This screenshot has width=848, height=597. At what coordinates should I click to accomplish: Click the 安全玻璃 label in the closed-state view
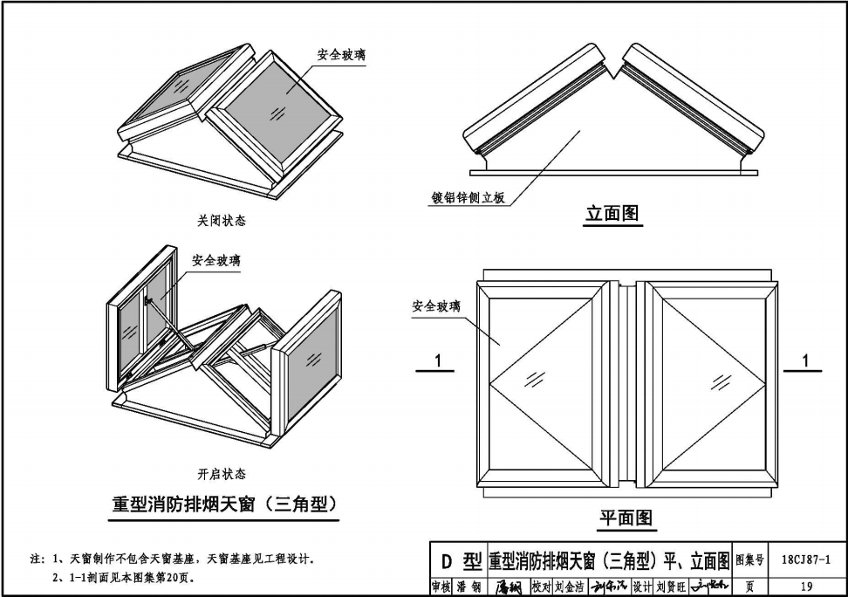[x=341, y=56]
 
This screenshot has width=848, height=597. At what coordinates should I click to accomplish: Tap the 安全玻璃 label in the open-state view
[x=216, y=260]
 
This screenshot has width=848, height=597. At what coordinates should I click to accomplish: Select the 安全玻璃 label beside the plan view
[x=436, y=306]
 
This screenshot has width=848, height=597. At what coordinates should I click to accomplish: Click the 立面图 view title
[x=612, y=213]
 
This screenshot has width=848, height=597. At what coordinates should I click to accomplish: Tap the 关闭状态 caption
[x=221, y=221]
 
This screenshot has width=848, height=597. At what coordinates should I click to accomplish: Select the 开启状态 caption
[x=221, y=474]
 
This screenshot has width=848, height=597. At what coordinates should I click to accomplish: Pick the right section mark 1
[x=806, y=360]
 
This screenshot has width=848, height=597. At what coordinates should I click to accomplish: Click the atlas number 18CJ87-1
[x=806, y=560]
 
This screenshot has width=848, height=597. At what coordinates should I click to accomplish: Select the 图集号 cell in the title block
[x=749, y=560]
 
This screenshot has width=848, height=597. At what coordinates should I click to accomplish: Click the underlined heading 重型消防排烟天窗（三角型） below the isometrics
[x=224, y=504]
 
